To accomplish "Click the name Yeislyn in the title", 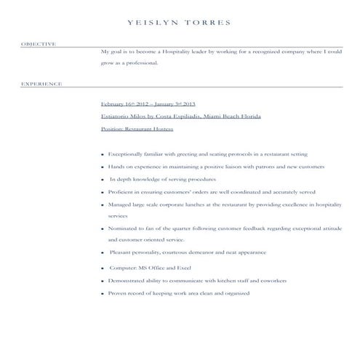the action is click(153, 23).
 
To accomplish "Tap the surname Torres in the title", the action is click(208, 23).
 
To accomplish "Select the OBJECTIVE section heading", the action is click(39, 44).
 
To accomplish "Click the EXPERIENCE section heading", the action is click(41, 84).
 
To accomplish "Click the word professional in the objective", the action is click(142, 63).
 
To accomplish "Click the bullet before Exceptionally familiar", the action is click(103, 155).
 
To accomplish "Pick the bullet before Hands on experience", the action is click(103, 167).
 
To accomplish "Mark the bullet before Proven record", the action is click(103, 293).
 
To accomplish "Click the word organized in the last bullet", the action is click(234, 293).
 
